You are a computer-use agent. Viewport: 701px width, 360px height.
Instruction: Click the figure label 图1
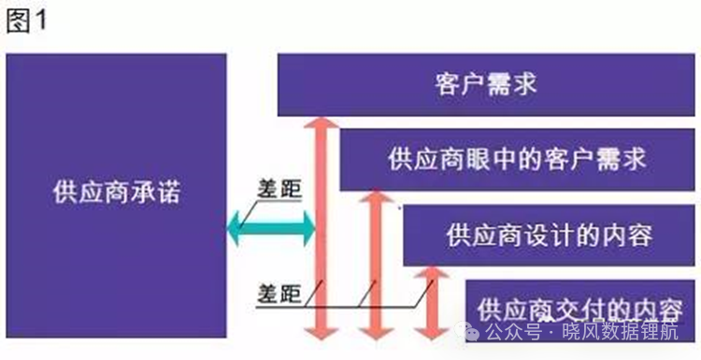coord(26,22)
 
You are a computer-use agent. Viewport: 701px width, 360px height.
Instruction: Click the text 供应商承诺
coord(116,194)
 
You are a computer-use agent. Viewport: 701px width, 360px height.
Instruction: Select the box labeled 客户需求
coord(486,85)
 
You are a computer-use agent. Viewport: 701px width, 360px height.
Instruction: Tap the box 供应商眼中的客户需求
coord(517,160)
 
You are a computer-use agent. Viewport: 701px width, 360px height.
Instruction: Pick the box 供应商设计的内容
coord(549,236)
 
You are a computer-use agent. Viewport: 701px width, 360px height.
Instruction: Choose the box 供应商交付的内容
coord(580,310)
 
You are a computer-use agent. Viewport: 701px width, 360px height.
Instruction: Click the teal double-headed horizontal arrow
coord(271,228)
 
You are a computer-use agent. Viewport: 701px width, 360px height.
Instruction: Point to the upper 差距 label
coord(279,189)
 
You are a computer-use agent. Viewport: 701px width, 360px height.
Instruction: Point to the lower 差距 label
coord(279,294)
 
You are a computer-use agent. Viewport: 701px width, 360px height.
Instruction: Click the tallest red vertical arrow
coord(321,228)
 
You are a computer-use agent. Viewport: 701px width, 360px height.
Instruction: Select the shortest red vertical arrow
coord(432,303)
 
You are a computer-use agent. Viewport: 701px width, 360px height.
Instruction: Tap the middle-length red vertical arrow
coord(376,266)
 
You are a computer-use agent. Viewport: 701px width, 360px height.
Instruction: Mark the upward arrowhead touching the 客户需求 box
coord(321,122)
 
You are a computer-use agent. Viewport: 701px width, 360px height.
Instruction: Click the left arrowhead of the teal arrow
coord(234,228)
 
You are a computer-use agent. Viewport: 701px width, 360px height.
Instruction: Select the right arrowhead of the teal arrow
coord(309,228)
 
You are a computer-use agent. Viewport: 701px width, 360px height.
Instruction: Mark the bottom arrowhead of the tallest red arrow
coord(321,334)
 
